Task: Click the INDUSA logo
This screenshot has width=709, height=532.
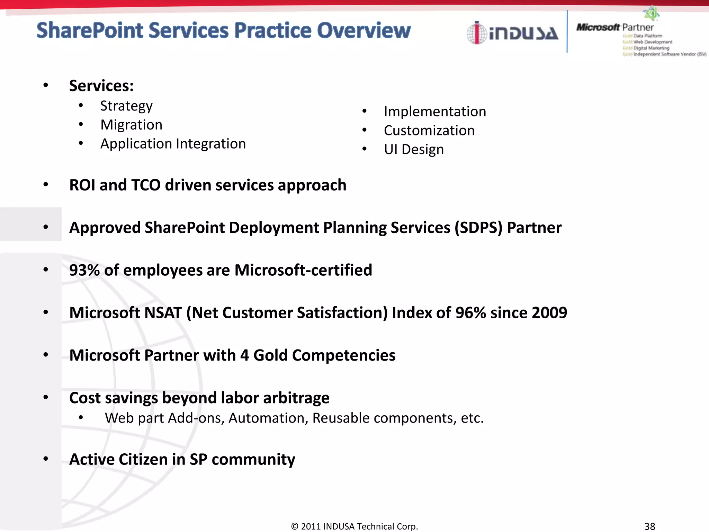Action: click(x=512, y=33)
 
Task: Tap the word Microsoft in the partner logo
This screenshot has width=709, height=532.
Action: click(x=598, y=27)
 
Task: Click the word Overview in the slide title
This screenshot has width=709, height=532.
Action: click(x=364, y=30)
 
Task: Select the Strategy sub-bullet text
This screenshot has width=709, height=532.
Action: click(x=126, y=106)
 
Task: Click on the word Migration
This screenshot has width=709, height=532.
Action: click(x=131, y=125)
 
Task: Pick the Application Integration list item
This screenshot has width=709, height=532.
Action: click(x=173, y=144)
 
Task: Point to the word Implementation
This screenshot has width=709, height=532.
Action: click(x=435, y=112)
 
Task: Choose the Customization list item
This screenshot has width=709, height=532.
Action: click(x=429, y=131)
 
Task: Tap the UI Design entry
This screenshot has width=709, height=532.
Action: click(x=414, y=150)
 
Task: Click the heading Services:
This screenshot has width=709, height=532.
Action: click(x=101, y=86)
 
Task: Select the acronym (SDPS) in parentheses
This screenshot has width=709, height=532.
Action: click(x=478, y=228)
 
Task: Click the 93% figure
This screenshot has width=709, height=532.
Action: click(x=84, y=270)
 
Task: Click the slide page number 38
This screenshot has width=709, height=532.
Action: click(x=649, y=526)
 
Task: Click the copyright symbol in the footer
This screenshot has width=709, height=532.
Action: click(x=295, y=526)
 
